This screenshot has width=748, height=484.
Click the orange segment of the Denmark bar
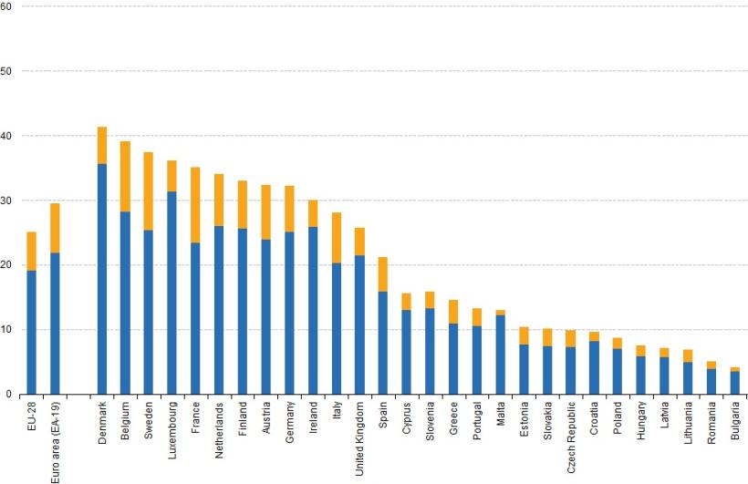click(x=102, y=145)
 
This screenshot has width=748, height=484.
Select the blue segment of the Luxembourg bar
click(x=171, y=293)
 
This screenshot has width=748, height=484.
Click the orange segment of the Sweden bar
click(x=149, y=191)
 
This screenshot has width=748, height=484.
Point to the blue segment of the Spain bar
click(x=382, y=343)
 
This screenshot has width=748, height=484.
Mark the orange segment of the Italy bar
click(x=336, y=238)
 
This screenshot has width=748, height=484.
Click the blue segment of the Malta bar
click(x=500, y=355)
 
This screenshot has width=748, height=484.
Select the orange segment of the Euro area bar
click(x=55, y=228)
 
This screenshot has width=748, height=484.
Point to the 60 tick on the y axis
click(x=6, y=6)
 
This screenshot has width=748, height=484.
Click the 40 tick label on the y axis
click(x=6, y=136)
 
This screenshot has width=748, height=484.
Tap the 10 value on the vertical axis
click(x=6, y=330)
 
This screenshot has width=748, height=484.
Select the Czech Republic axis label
click(x=570, y=436)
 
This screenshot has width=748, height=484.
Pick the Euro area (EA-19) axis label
click(x=55, y=440)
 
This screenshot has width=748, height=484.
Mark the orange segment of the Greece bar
click(x=453, y=312)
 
